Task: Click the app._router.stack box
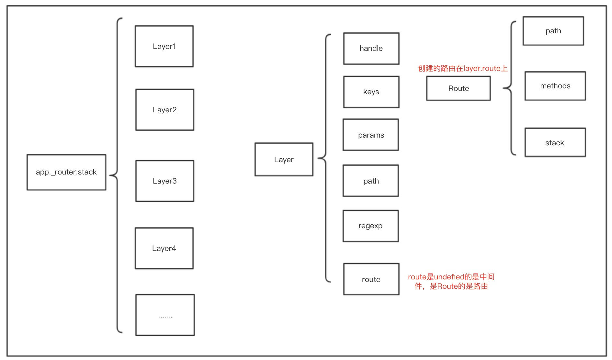66,172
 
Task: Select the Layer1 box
164,46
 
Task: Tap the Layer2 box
165,110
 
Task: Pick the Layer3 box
165,181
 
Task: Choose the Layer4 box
164,248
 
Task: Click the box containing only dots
165,315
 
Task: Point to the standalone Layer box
284,160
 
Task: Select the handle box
371,49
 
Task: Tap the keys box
371,92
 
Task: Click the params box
371,135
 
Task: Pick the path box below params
371,181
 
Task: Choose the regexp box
371,226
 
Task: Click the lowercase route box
371,279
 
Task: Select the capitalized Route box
459,88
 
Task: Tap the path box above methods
553,31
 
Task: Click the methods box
555,86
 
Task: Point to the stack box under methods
555,143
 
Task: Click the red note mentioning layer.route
463,68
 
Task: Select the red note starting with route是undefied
451,281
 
